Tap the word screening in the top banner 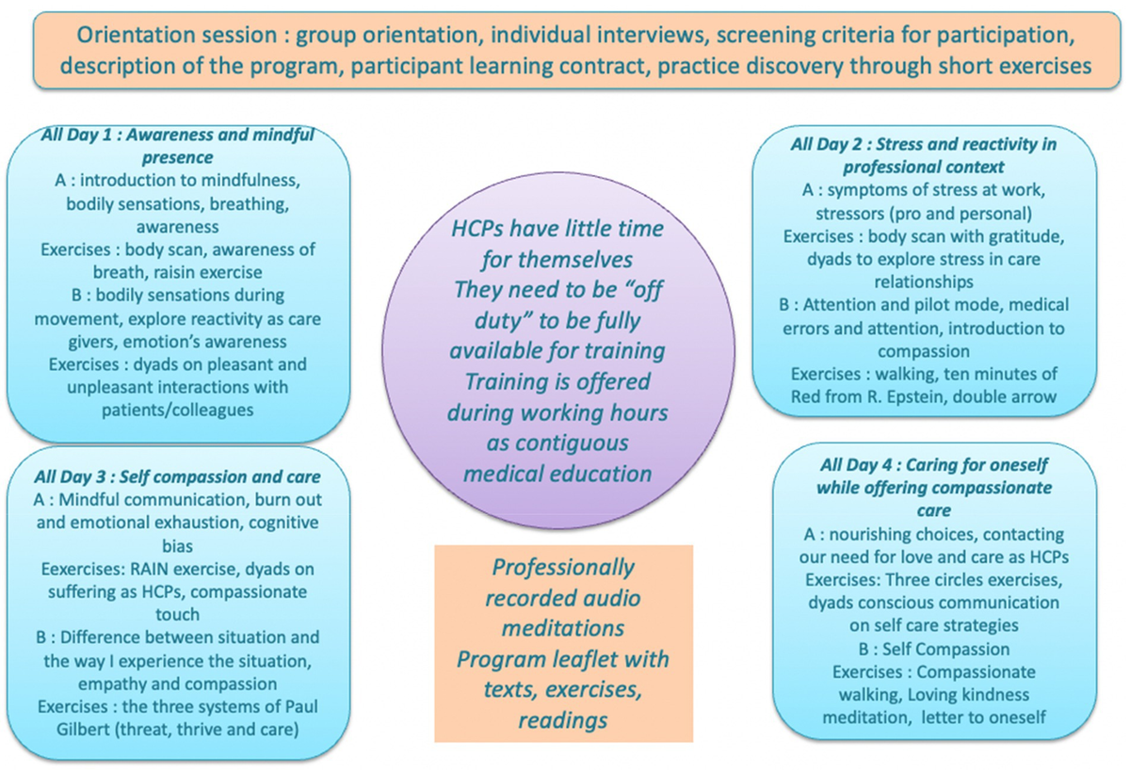pos(767,36)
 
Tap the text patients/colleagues pos(178,411)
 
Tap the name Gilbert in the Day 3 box pos(83,730)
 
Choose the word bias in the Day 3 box pos(178,546)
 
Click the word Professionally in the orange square pos(563,568)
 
